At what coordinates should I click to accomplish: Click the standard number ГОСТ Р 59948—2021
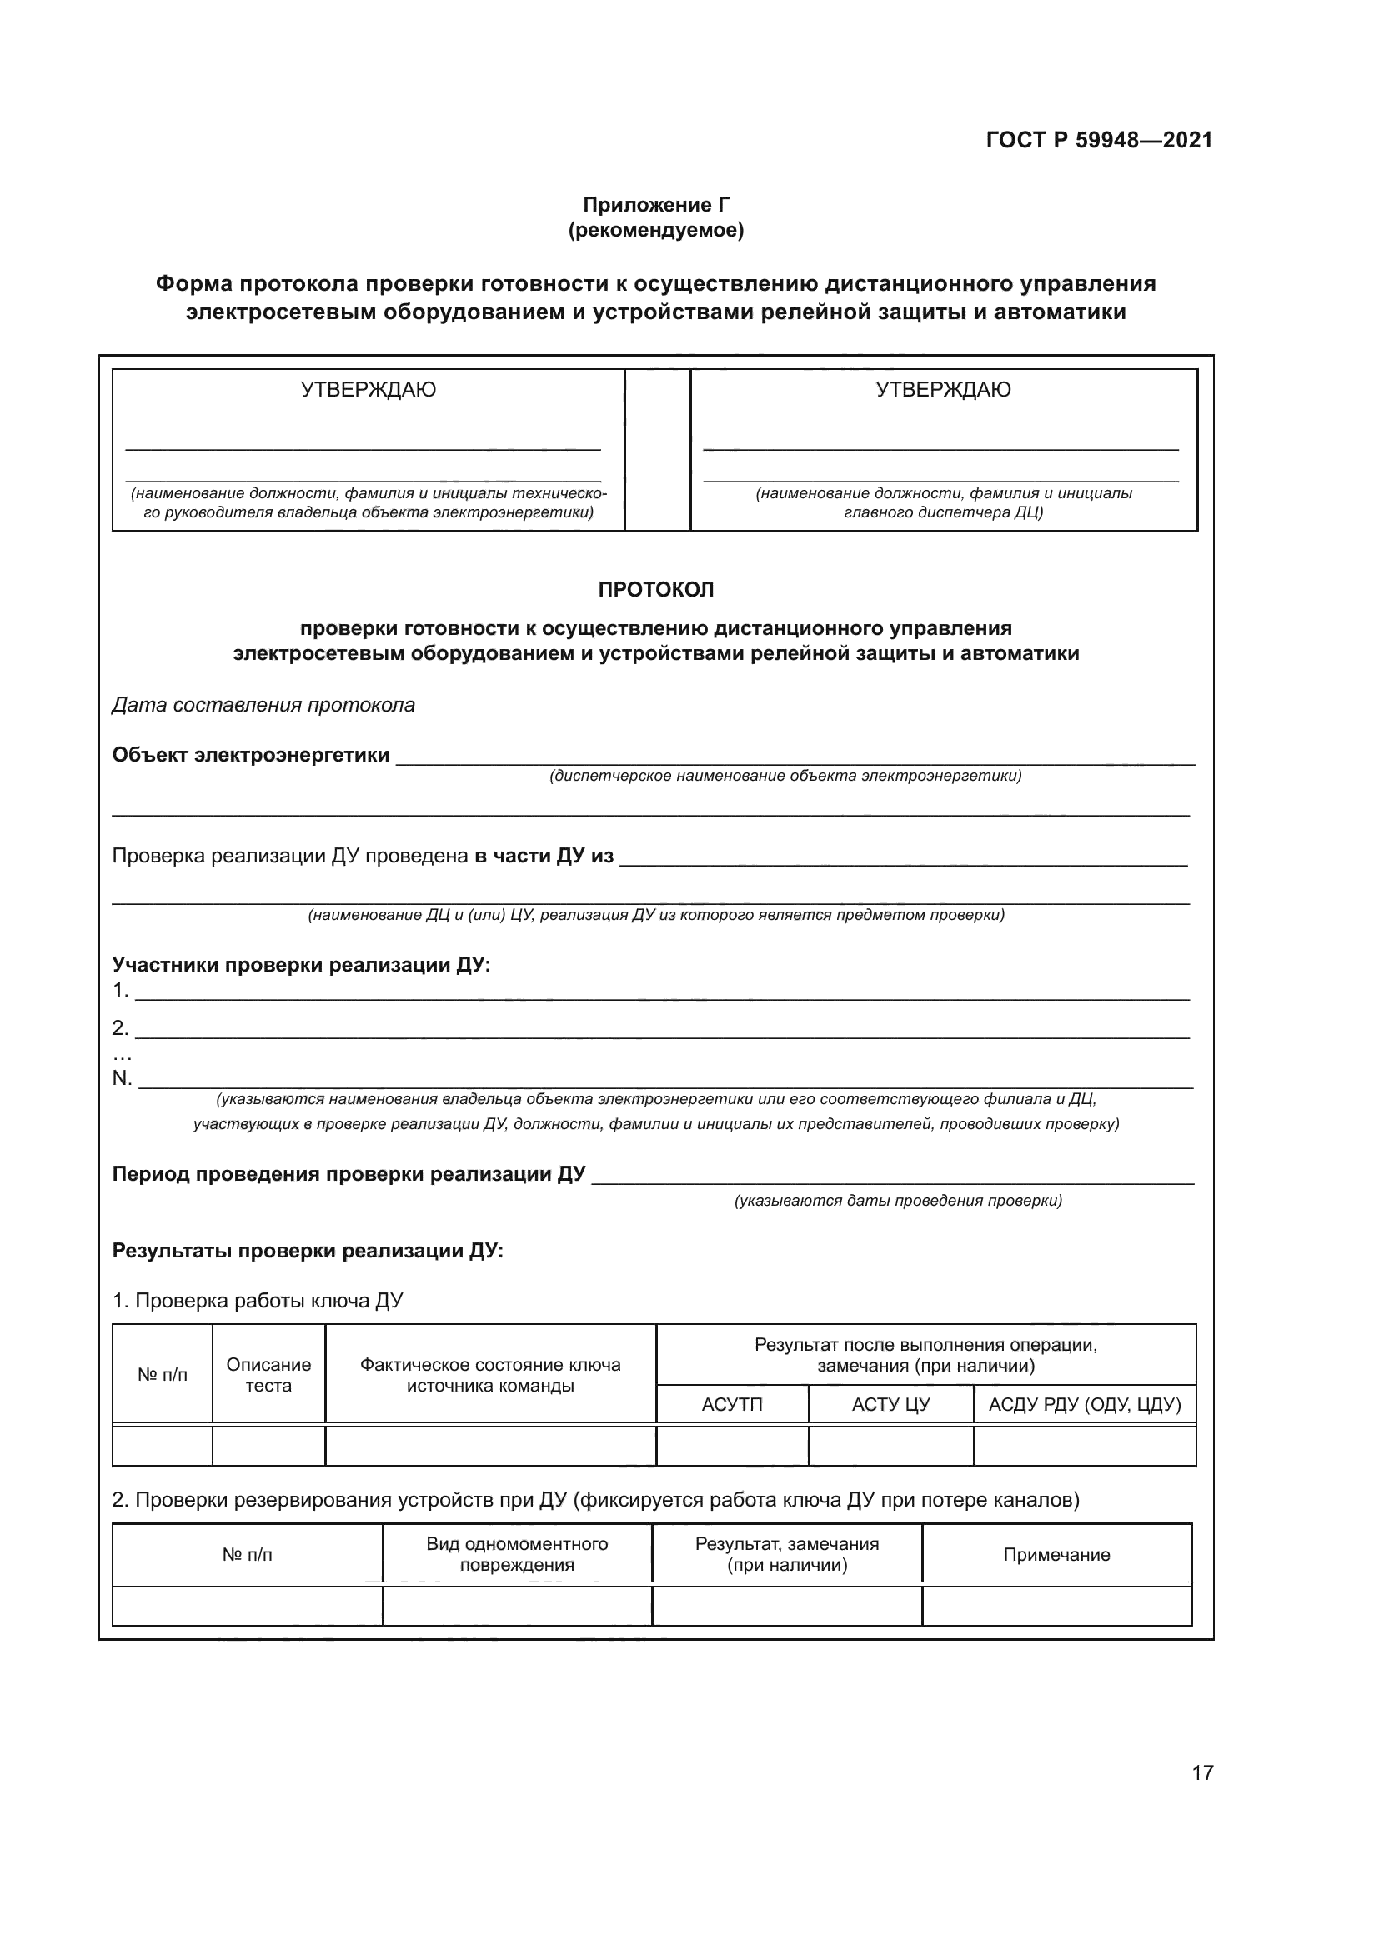click(1099, 141)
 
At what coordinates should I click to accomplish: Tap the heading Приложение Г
click(655, 205)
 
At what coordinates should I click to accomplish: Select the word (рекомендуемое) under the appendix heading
click(655, 230)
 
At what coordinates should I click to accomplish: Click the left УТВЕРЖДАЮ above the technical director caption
click(368, 391)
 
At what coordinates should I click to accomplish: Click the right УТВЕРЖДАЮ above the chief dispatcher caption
click(943, 391)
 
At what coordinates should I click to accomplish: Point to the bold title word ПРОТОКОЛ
click(655, 590)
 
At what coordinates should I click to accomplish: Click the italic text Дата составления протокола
click(263, 706)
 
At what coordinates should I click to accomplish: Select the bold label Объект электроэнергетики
click(250, 756)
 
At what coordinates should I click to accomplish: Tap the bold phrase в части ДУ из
click(544, 857)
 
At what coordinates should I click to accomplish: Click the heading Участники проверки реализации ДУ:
click(302, 965)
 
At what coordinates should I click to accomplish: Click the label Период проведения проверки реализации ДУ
click(349, 1175)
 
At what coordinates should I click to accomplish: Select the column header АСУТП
click(731, 1405)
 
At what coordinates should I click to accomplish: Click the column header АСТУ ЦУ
click(890, 1405)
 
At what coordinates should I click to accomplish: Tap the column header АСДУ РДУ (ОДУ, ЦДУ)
click(1085, 1405)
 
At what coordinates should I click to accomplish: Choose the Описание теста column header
click(268, 1375)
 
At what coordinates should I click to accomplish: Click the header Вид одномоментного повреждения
click(516, 1554)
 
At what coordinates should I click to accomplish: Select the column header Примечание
click(1056, 1555)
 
